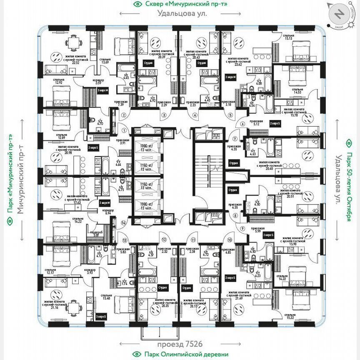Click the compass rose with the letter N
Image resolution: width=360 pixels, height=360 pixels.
(x=340, y=15)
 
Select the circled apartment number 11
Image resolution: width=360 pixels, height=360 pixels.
(x=193, y=240)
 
